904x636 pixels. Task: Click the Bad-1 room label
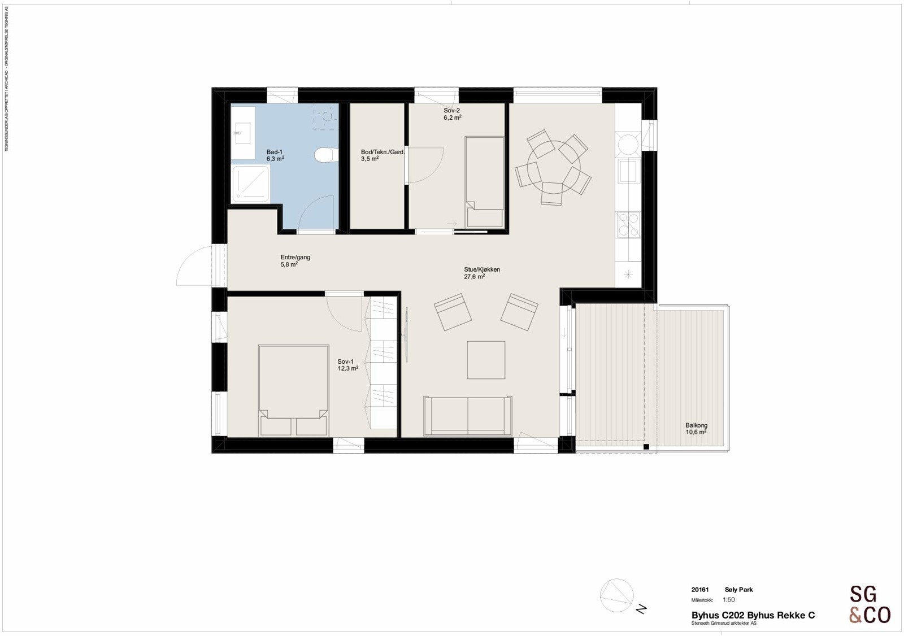coord(275,152)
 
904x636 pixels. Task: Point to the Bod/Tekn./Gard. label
coord(383,152)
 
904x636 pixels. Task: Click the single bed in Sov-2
coord(484,181)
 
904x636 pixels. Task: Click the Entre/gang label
coord(295,258)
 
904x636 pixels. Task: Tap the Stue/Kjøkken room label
coord(481,270)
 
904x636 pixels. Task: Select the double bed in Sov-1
coord(293,390)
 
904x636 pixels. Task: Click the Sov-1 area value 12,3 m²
coord(348,369)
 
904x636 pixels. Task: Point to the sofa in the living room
coord(468,416)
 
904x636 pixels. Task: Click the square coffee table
coord(486,360)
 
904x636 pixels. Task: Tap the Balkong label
coord(696,425)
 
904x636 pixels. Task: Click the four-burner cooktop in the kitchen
coord(628,224)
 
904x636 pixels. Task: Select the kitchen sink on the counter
coord(628,171)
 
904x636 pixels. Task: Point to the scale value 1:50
coord(729,600)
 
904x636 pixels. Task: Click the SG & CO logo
coord(870,604)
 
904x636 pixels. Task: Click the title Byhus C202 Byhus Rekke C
coord(753,615)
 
